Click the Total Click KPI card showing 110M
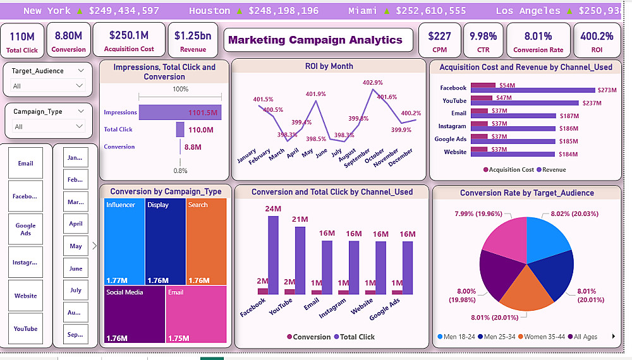[x=23, y=40]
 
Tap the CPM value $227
[x=439, y=37]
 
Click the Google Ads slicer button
[x=26, y=229]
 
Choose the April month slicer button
[x=76, y=224]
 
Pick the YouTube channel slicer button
[x=26, y=328]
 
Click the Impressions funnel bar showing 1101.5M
[x=180, y=112]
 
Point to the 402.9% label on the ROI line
[x=372, y=83]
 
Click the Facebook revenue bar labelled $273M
[x=534, y=90]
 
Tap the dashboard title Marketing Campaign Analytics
[x=315, y=40]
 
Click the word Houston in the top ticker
[x=209, y=11]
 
